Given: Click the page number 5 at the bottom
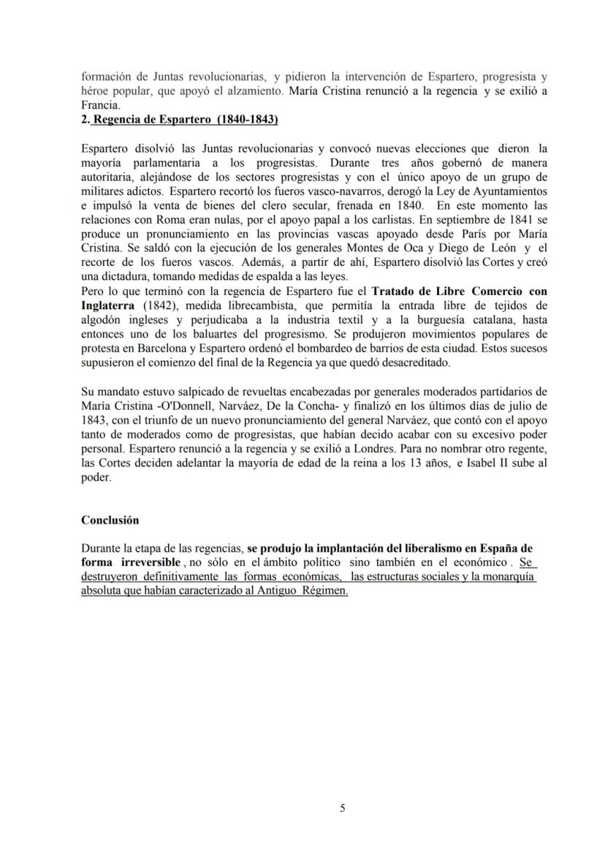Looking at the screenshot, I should coord(343,808).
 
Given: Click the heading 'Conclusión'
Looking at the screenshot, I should coord(110,521).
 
